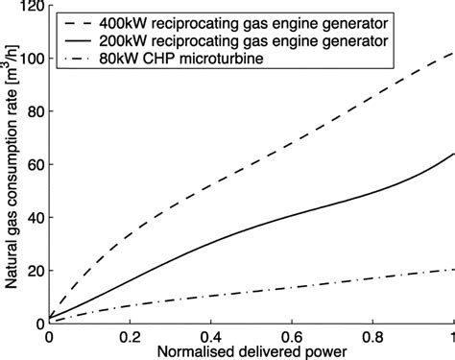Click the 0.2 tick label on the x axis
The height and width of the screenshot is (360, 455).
point(130,338)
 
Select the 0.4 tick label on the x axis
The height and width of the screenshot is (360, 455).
point(210,338)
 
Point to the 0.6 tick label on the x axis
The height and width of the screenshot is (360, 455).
point(291,338)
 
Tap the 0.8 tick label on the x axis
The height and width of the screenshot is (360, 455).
point(371,338)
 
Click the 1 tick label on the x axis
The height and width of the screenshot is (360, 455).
point(449,338)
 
